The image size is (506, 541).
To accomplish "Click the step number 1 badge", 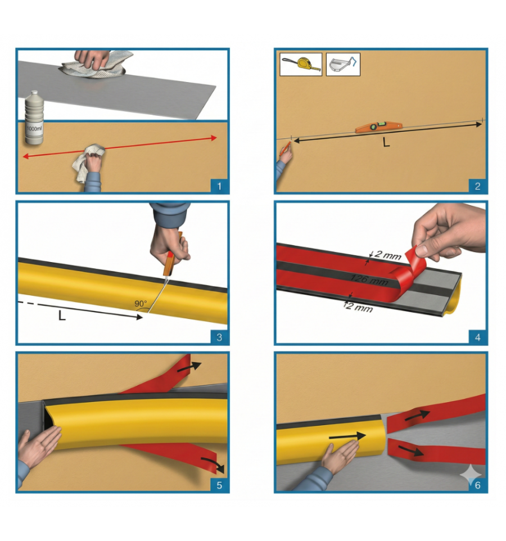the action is click(219, 186).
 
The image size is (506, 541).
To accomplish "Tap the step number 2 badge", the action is click(477, 186).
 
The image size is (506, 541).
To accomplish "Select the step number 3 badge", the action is click(219, 337).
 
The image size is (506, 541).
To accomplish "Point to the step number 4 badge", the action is click(477, 337).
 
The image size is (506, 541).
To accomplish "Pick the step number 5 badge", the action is click(219, 485).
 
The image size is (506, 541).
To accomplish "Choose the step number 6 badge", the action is click(477, 485).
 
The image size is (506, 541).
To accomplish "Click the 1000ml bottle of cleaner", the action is click(34, 118).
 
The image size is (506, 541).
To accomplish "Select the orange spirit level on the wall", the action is click(379, 127).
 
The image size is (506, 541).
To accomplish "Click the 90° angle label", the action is click(141, 304).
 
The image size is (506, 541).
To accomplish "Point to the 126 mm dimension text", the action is click(369, 279).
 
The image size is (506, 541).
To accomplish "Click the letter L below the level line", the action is click(386, 142).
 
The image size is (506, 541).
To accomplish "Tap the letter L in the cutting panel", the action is click(62, 315).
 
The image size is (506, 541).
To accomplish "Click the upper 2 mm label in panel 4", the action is click(387, 255).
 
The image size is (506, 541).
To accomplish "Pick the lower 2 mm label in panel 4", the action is click(359, 306).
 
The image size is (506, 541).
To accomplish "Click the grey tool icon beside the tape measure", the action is click(343, 65).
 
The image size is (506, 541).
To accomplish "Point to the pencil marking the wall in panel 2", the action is click(285, 148).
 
